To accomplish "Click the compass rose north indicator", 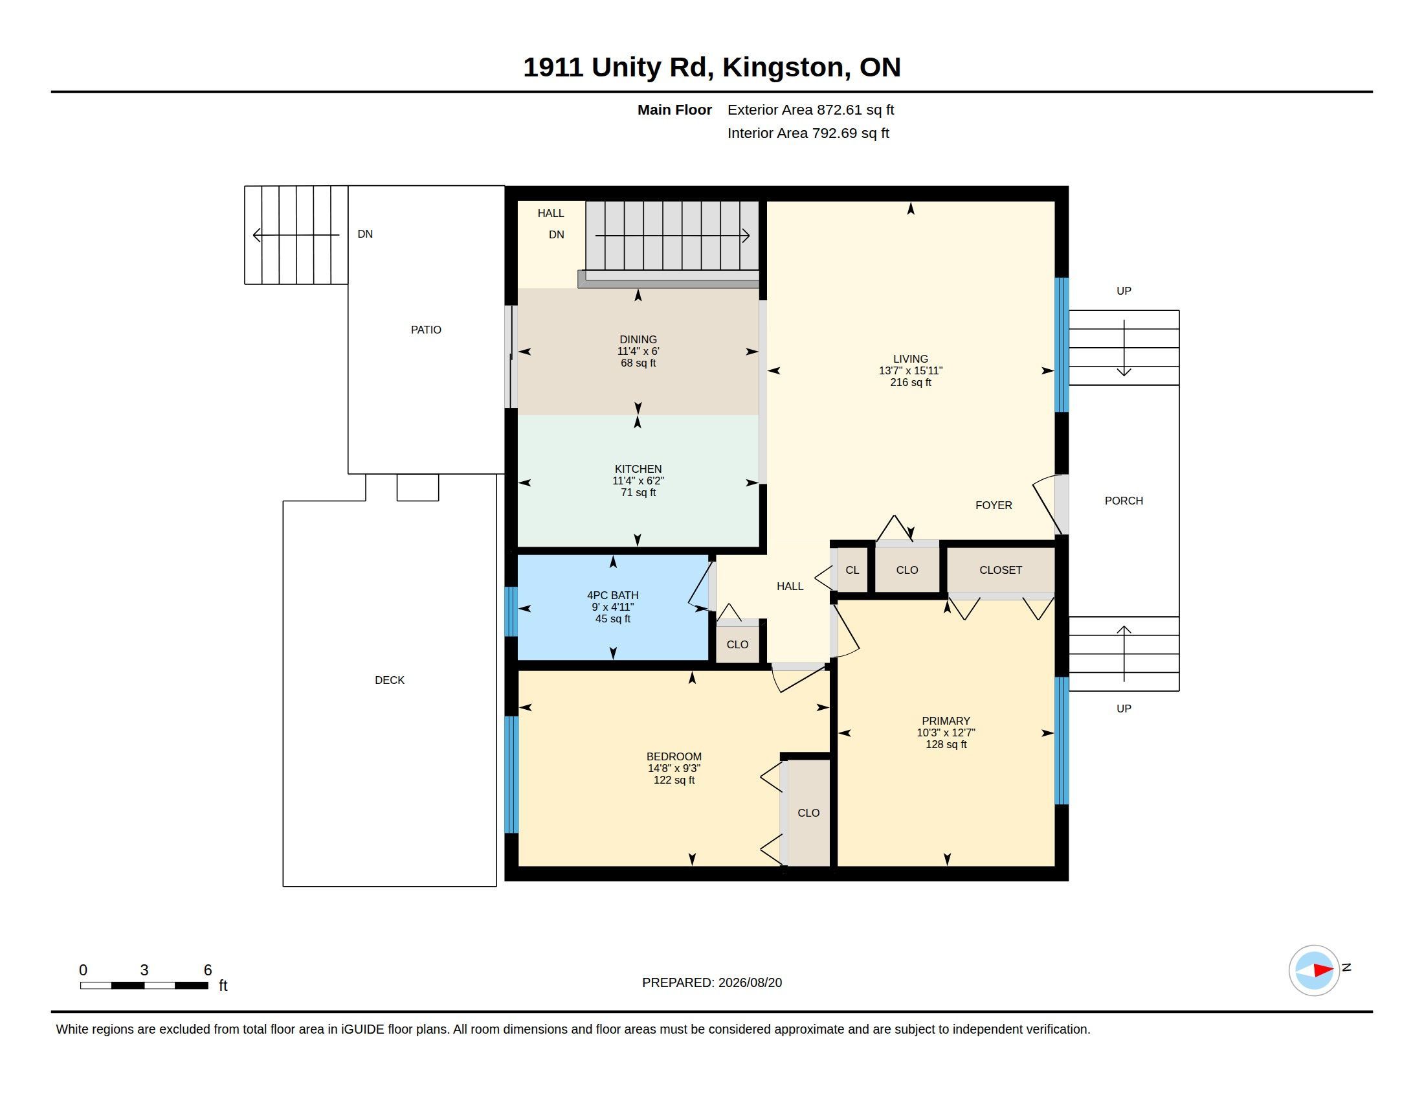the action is pyautogui.click(x=1314, y=970).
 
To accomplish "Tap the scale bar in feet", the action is pyautogui.click(x=144, y=985).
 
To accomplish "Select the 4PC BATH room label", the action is pyautogui.click(x=612, y=595).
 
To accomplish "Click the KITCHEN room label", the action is pyautogui.click(x=638, y=469).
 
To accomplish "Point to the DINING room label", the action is pyautogui.click(x=638, y=339).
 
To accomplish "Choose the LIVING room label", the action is pyautogui.click(x=910, y=359).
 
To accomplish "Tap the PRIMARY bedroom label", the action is pyautogui.click(x=946, y=721).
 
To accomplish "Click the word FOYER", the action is pyautogui.click(x=993, y=505).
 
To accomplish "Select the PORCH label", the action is pyautogui.click(x=1124, y=500).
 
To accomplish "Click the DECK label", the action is pyautogui.click(x=389, y=679).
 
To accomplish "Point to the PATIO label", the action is pyautogui.click(x=426, y=330).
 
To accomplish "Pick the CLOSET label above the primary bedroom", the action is pyautogui.click(x=1000, y=569).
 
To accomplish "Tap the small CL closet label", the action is pyautogui.click(x=852, y=569).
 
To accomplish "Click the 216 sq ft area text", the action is pyautogui.click(x=910, y=382).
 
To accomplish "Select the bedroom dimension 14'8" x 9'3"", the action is pyautogui.click(x=674, y=768).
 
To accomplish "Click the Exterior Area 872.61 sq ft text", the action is pyautogui.click(x=810, y=109).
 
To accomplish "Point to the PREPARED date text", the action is pyautogui.click(x=711, y=982).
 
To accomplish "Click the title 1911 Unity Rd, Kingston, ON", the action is pyautogui.click(x=711, y=67).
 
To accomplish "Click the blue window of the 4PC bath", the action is pyautogui.click(x=511, y=611).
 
